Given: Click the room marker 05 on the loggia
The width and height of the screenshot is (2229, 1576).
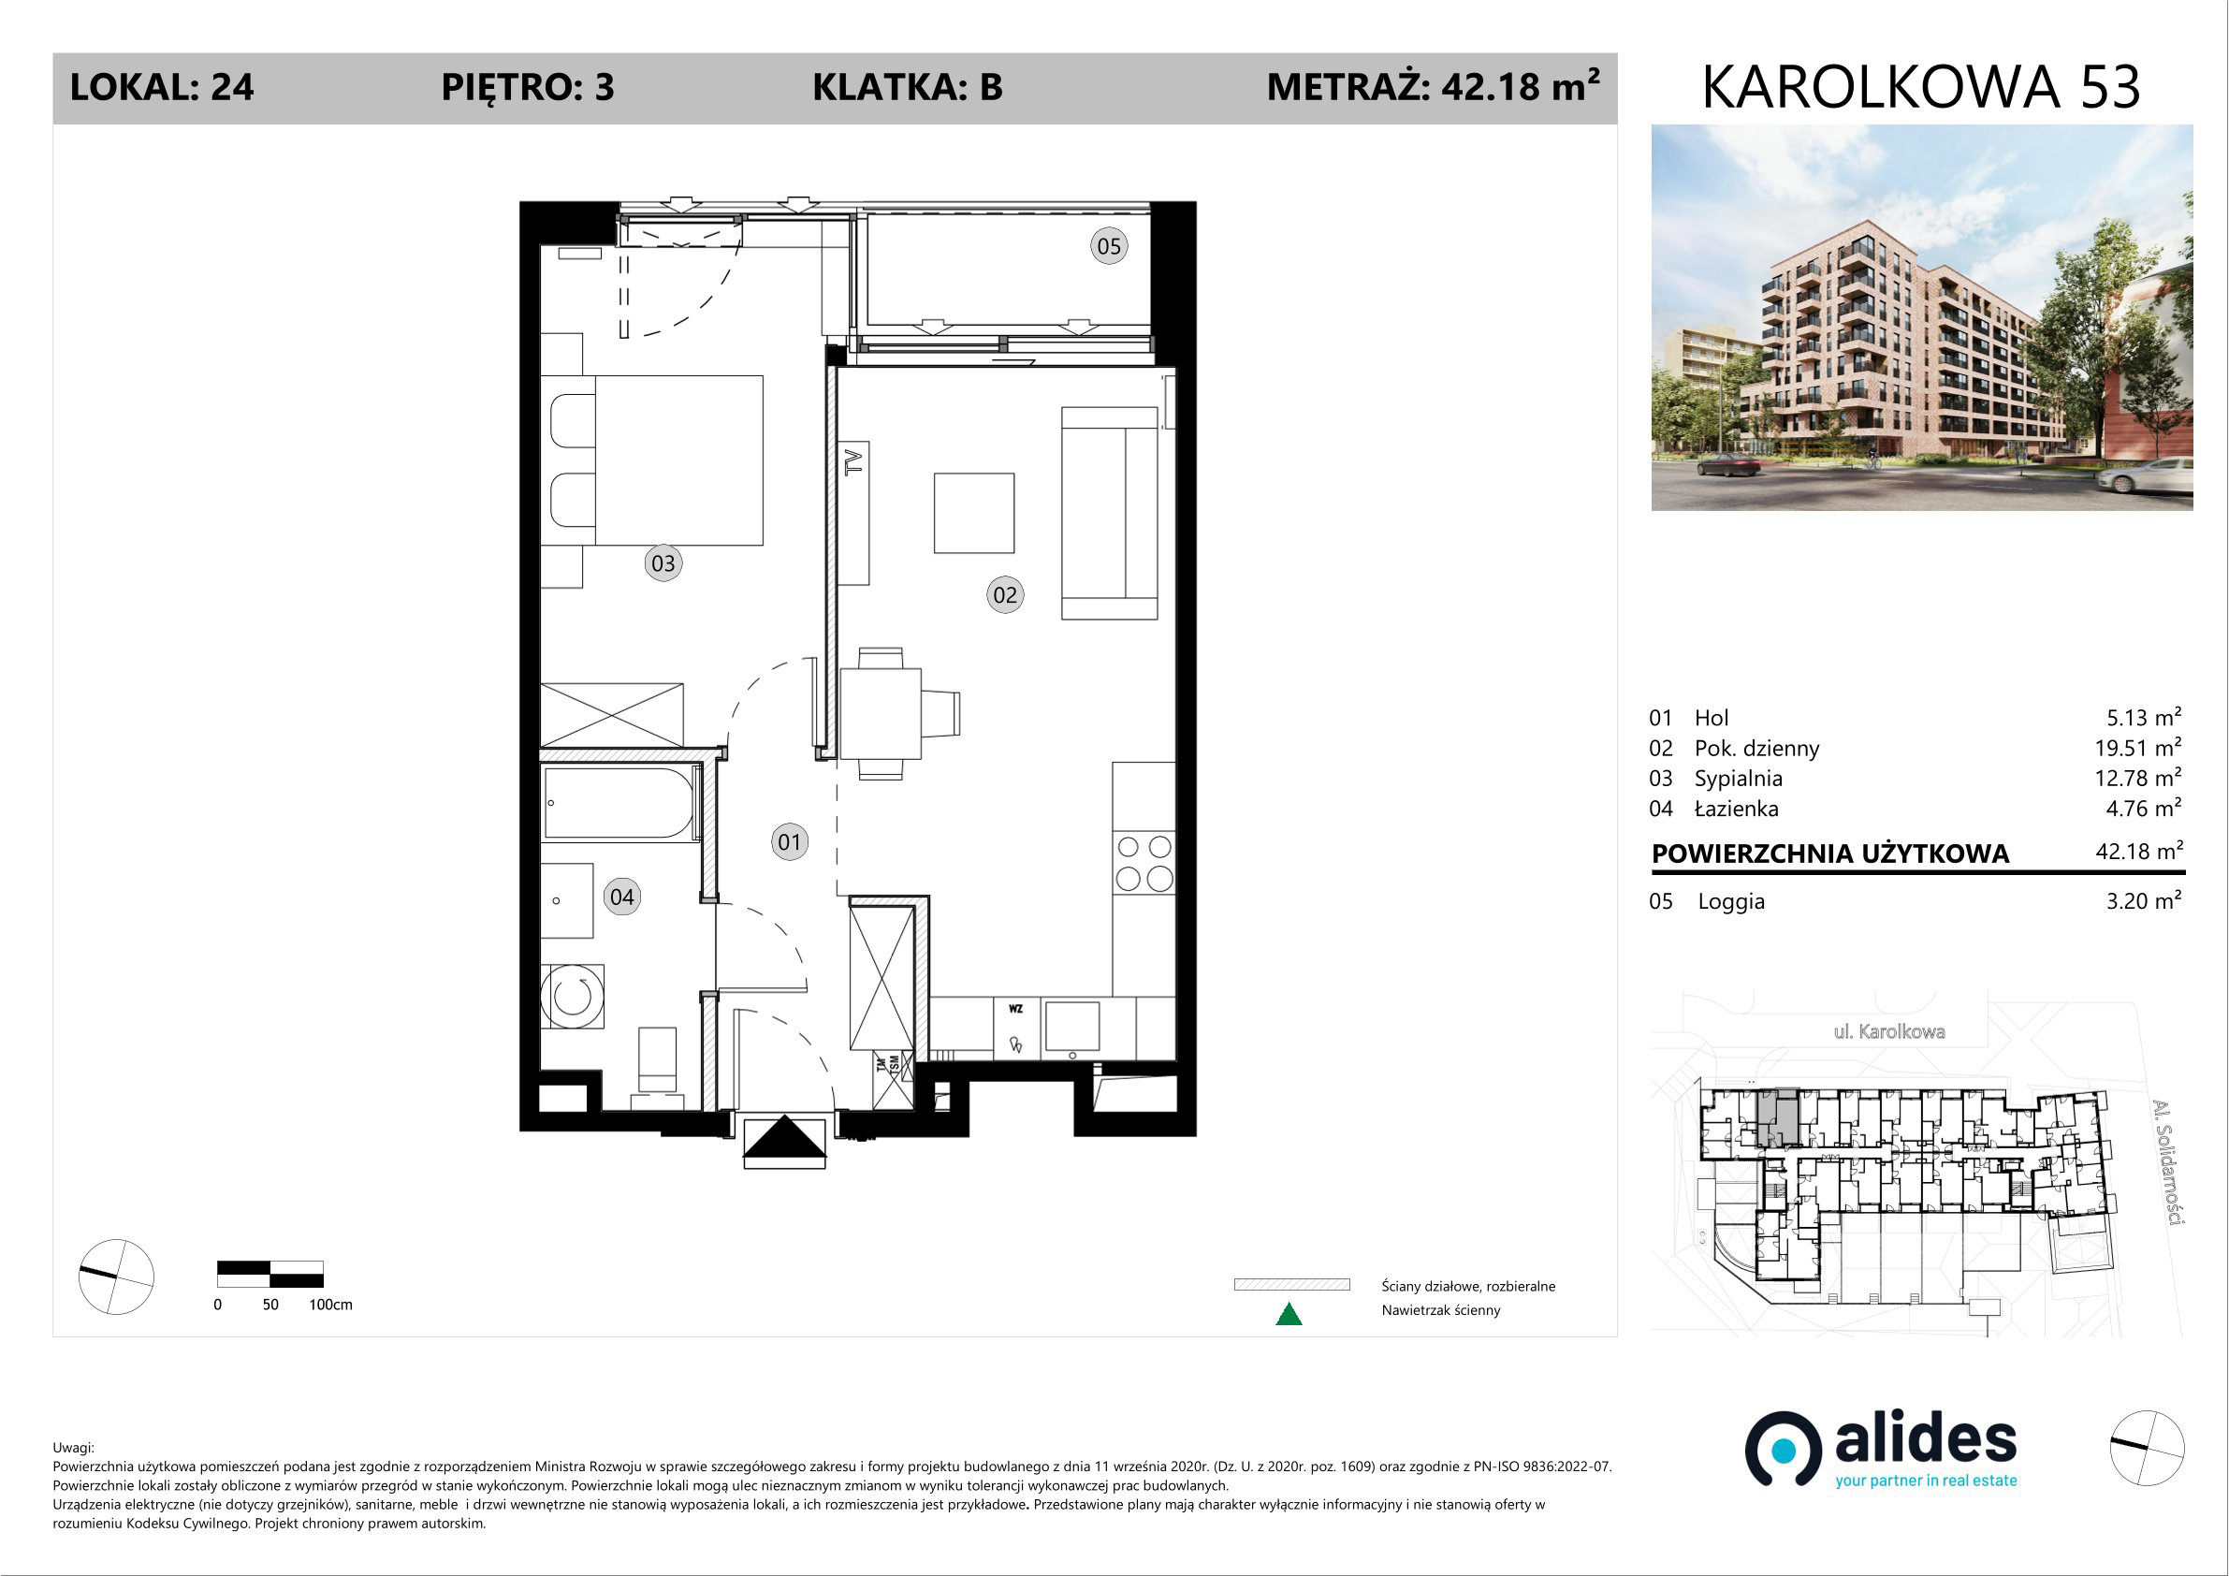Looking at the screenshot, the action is (x=1109, y=246).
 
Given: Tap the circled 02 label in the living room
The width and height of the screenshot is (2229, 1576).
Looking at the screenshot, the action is (x=1005, y=594).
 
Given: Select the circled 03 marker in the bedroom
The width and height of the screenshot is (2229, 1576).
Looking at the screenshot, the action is (x=663, y=563).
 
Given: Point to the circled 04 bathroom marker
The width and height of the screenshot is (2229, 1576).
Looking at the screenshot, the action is (x=622, y=897).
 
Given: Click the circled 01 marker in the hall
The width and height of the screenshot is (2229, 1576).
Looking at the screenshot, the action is (x=789, y=842).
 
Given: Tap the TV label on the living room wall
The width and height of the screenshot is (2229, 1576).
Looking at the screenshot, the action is (x=853, y=462).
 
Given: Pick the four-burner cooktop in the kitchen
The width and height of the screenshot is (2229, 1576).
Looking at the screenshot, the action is (x=1144, y=862).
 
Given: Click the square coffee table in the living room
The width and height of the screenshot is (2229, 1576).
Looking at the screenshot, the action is (x=974, y=513).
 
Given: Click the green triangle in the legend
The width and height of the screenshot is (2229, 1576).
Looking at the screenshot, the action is (x=1289, y=1315).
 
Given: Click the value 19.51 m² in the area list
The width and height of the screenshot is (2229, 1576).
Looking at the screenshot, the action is (x=2137, y=747).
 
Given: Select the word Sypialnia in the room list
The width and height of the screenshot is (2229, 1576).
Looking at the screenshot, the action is (x=1738, y=779).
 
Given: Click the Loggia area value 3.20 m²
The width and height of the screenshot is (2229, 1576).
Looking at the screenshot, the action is (x=2144, y=900).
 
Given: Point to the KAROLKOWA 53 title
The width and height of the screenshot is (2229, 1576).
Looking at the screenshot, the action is (x=1921, y=87).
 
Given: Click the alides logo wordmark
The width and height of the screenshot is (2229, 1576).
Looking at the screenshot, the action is (x=1925, y=1441).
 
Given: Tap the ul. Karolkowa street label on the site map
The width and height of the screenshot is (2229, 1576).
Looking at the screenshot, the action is (x=1889, y=1031).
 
